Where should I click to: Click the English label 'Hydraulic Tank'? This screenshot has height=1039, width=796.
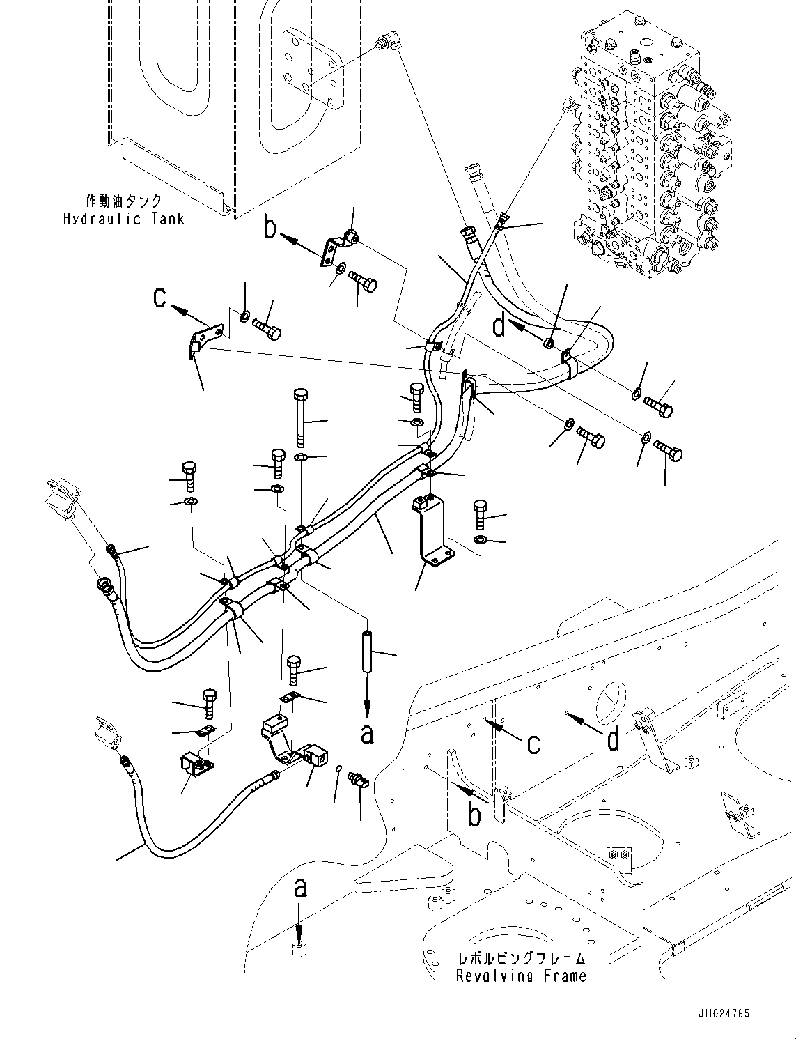(x=124, y=219)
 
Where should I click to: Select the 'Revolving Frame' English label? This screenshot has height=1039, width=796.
(x=521, y=976)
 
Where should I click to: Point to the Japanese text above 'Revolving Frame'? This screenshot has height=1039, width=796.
(x=521, y=959)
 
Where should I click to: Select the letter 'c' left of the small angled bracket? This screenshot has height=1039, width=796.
(x=160, y=298)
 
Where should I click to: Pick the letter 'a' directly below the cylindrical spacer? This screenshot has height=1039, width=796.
(x=367, y=733)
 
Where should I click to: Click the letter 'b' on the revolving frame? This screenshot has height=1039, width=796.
(x=475, y=814)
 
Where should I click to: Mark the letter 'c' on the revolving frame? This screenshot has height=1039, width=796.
(x=533, y=743)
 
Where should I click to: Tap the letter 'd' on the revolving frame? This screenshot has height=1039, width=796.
(x=613, y=739)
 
